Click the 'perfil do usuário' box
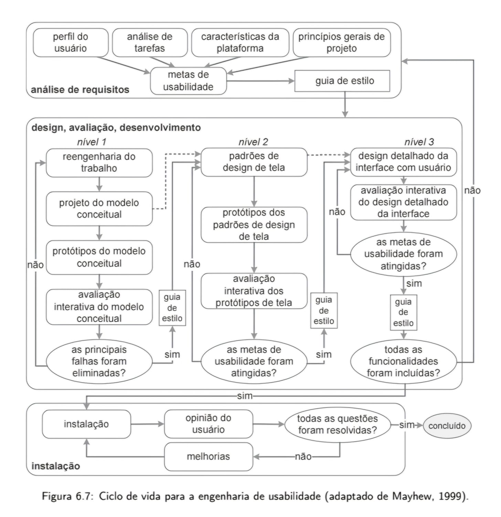pos(71,42)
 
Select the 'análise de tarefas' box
pos(150,42)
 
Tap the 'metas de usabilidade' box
pos(188,81)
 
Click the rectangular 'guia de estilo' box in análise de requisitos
pos(342,81)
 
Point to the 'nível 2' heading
pos(253,142)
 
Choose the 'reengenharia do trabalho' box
pos(99,162)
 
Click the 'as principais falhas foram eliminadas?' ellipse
pos(99,361)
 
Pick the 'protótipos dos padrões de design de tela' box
pos(254,224)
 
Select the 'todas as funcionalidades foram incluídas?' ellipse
pos(403,361)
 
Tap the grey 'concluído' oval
pos(447,426)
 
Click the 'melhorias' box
pos(209,456)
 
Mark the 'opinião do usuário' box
pos(209,424)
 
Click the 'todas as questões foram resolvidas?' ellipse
pos(338,424)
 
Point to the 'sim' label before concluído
pos(407,425)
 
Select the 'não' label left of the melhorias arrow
pos(303,456)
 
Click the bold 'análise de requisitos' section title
pos(80,90)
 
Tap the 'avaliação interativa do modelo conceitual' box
pos(99,306)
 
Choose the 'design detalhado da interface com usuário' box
pos(403,162)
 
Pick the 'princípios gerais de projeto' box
pos(342,42)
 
